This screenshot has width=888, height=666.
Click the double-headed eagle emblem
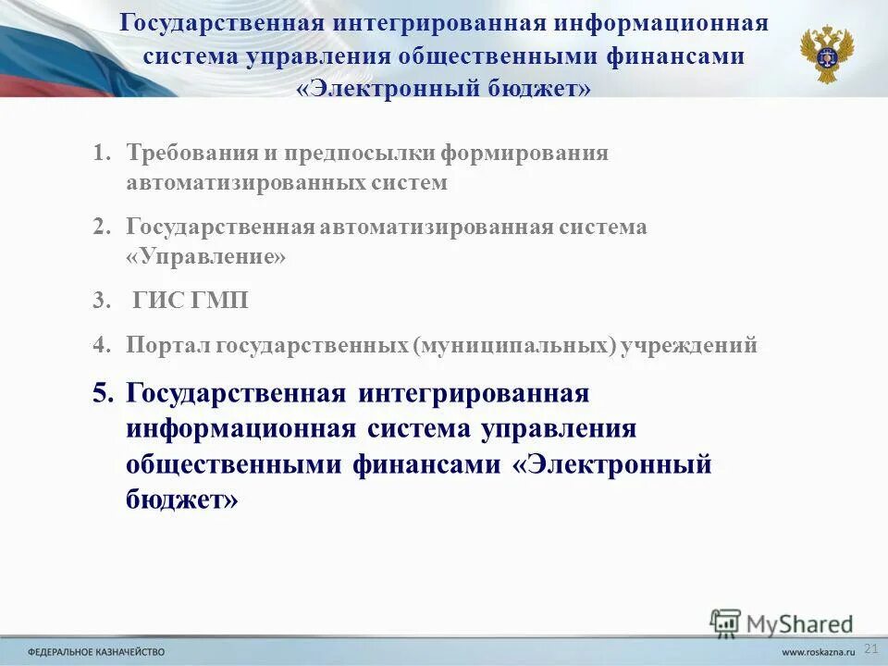(827, 54)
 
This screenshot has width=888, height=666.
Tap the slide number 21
(869, 647)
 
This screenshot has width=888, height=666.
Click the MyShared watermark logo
(782, 623)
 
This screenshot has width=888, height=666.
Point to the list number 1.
(101, 153)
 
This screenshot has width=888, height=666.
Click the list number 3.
(100, 301)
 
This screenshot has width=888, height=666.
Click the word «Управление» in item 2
(206, 257)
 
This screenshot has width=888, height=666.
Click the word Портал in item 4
(167, 346)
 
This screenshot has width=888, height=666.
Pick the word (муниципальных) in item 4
(514, 346)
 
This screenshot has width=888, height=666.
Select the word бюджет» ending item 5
(181, 499)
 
